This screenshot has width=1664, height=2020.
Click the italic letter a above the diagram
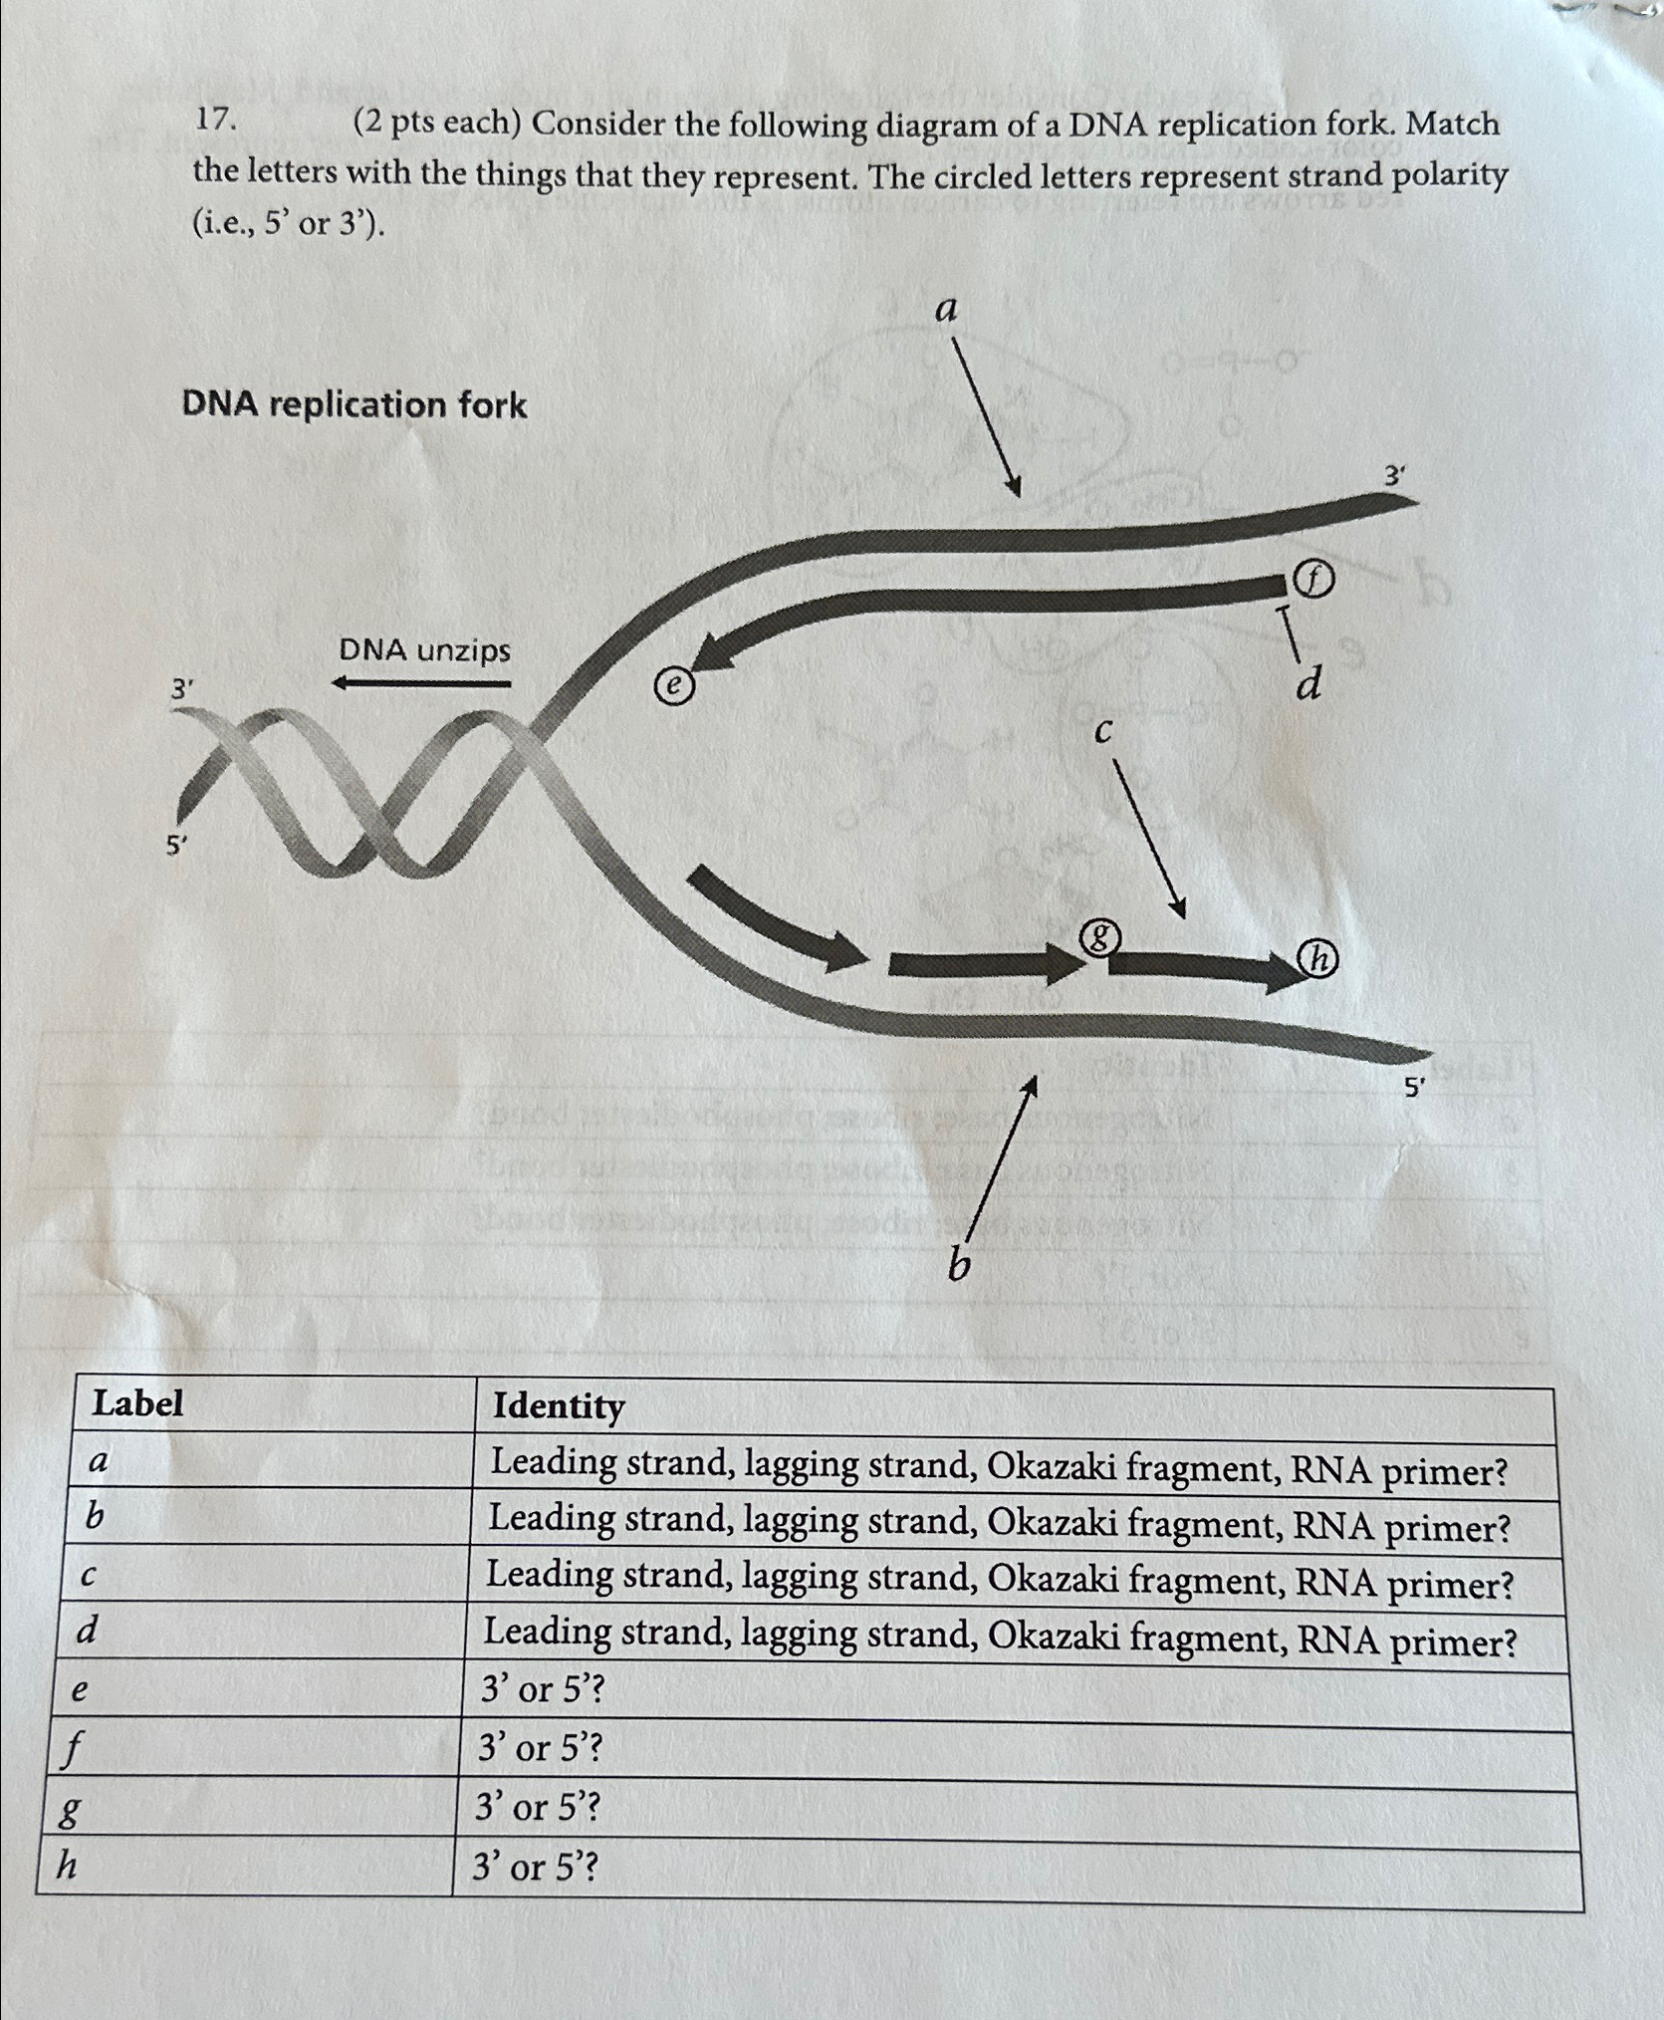[946, 311]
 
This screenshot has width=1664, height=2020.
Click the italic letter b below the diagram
[958, 1265]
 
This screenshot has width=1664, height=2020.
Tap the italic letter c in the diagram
[1102, 732]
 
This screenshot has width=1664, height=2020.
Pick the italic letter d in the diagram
[1309, 684]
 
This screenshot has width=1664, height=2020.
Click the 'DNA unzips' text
[425, 651]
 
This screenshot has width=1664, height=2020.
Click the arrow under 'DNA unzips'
[421, 683]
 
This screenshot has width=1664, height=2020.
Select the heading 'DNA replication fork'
[354, 405]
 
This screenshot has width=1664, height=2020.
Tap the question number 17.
[215, 121]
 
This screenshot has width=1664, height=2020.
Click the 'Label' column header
[137, 1403]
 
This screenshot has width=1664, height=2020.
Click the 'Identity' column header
[559, 1406]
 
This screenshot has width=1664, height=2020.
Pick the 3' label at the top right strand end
[1396, 477]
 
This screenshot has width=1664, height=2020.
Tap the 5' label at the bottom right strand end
[1414, 1090]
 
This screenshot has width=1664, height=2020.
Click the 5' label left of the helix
[176, 847]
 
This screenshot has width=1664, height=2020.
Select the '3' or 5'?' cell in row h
[536, 1867]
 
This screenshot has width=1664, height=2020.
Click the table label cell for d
[89, 1631]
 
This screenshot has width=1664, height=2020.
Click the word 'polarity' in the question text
[1451, 175]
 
